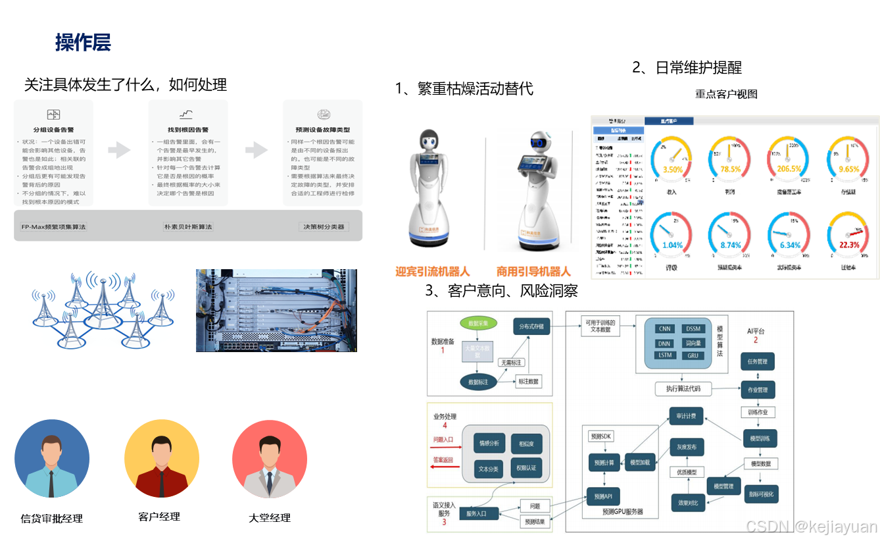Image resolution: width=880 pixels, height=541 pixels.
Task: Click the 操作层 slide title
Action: click(x=83, y=43)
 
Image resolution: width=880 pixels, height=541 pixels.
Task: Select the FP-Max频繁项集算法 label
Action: click(x=53, y=226)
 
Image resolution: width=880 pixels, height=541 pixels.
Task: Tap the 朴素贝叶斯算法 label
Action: click(x=188, y=226)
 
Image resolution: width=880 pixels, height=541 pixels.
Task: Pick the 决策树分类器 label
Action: click(x=323, y=226)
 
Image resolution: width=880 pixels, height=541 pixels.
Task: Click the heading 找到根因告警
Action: click(x=188, y=130)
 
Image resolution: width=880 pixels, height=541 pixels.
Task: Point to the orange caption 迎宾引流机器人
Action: click(x=432, y=271)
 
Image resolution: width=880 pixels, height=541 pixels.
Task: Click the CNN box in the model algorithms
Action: click(x=664, y=328)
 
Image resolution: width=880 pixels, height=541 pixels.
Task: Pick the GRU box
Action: click(x=693, y=355)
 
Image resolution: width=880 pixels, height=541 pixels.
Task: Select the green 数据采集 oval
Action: click(x=478, y=324)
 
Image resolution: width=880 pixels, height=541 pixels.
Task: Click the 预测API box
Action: click(x=603, y=496)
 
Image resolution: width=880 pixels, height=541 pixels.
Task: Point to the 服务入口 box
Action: click(x=476, y=513)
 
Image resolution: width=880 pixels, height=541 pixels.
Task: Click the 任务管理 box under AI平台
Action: click(x=757, y=361)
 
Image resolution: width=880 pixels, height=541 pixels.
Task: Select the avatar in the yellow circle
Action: click(x=162, y=459)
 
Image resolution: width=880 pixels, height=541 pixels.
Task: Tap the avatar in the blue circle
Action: click(x=52, y=459)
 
